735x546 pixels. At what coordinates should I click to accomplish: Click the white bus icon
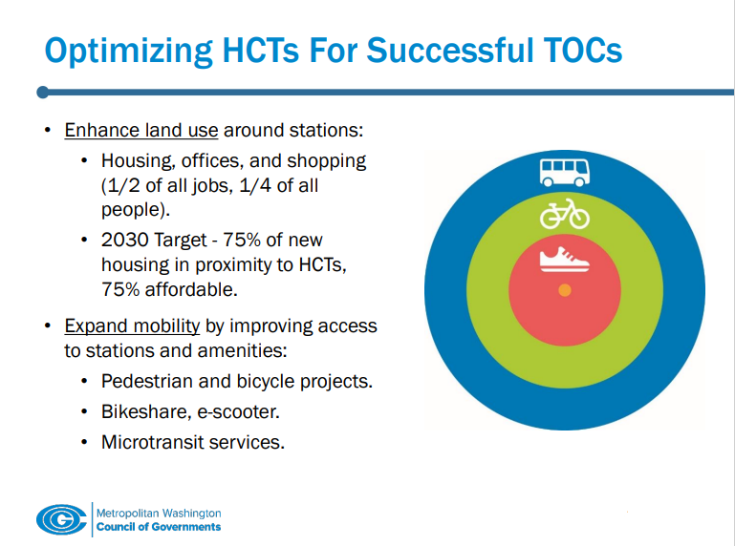(x=564, y=173)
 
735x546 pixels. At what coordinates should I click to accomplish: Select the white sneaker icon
(x=564, y=257)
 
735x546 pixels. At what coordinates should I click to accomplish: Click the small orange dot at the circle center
(x=564, y=290)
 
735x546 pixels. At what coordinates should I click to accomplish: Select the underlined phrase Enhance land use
(x=141, y=130)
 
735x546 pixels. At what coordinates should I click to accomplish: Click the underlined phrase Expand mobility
(x=132, y=326)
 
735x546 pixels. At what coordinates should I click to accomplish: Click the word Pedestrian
(x=146, y=382)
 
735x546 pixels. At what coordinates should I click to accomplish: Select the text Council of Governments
(x=159, y=527)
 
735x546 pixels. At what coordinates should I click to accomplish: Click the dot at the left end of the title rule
(x=42, y=93)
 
